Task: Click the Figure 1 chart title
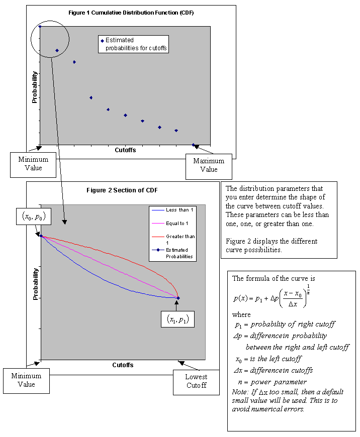pyautogui.click(x=131, y=12)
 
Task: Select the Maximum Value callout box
pyautogui.click(x=209, y=165)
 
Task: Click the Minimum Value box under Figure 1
pyautogui.click(x=34, y=164)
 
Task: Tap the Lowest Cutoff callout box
pyautogui.click(x=196, y=381)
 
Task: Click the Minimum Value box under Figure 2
pyautogui.click(x=27, y=380)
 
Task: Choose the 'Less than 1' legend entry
pyautogui.click(x=172, y=210)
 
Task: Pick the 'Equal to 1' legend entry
pyautogui.click(x=172, y=223)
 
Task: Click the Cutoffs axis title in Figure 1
pyautogui.click(x=125, y=150)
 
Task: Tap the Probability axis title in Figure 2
pyautogui.click(x=35, y=284)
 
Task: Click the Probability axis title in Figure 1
pyautogui.click(x=35, y=87)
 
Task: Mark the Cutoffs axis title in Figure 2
pyautogui.click(x=123, y=365)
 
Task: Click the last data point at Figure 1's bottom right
pyautogui.click(x=194, y=145)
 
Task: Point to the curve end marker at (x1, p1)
pyautogui.click(x=178, y=298)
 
